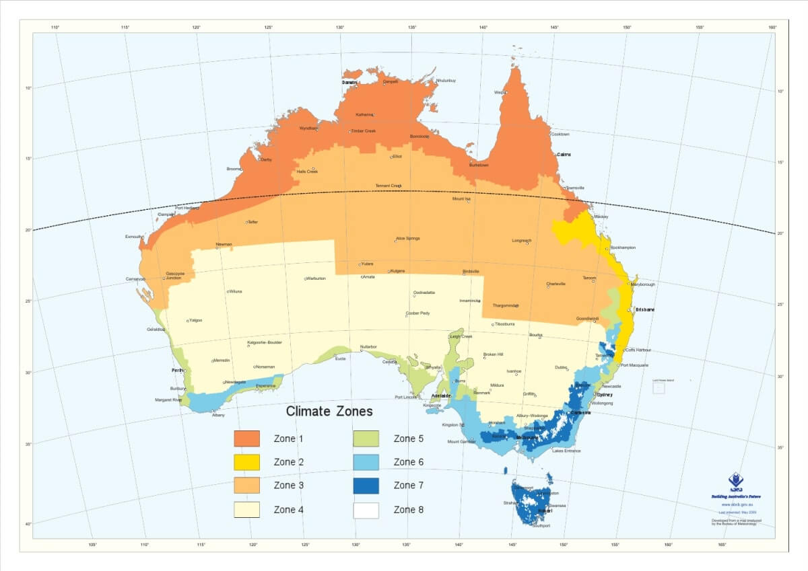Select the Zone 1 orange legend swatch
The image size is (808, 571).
(x=246, y=439)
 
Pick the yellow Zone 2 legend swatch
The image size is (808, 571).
(x=246, y=462)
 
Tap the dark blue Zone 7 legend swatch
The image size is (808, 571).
(x=366, y=486)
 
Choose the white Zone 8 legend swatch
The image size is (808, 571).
(x=366, y=510)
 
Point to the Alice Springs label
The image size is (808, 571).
(x=408, y=238)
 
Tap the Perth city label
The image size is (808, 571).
(x=178, y=371)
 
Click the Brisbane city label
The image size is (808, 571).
(x=644, y=310)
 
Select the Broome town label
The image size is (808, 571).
(x=234, y=169)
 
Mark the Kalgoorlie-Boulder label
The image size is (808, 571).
(x=265, y=342)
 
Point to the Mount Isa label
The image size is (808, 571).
(x=461, y=198)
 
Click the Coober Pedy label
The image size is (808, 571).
(x=417, y=314)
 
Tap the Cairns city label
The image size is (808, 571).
(x=564, y=155)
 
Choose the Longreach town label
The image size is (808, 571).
(x=522, y=240)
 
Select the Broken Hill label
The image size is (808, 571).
(x=494, y=354)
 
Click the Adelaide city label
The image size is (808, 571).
(x=440, y=395)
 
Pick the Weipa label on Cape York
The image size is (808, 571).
(x=500, y=92)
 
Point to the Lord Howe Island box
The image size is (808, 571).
(x=659, y=387)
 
